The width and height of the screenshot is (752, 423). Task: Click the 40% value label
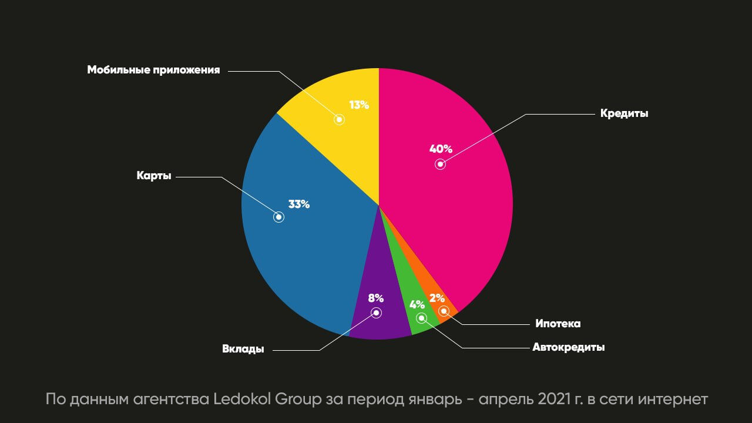(x=441, y=149)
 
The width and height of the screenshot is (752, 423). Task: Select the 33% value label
(x=298, y=204)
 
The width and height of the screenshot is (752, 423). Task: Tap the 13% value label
(x=358, y=105)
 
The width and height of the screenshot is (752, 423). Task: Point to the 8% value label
(x=376, y=298)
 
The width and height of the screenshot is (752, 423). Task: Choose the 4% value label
(x=417, y=304)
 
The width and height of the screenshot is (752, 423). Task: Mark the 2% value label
(x=437, y=298)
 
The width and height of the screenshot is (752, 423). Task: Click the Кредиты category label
(x=624, y=113)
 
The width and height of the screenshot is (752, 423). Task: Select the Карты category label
(x=154, y=176)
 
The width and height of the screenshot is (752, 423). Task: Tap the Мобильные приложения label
(x=153, y=70)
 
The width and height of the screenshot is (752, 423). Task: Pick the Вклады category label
(x=243, y=349)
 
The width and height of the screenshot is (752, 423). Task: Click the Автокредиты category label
(x=568, y=347)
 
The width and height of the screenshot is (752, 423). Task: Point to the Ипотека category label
(x=558, y=324)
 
